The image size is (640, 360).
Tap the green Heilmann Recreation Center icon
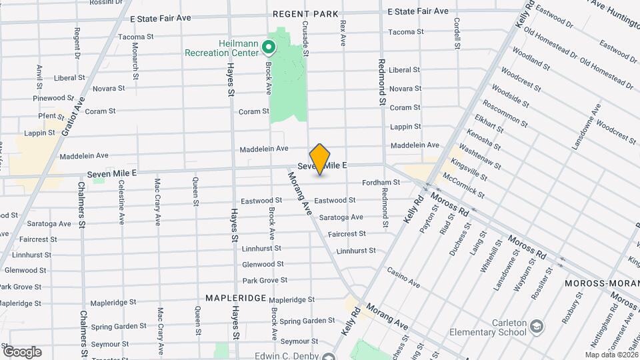(x=269, y=47)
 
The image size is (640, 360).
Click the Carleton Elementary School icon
(x=537, y=327)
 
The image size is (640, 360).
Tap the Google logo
(x=22, y=351)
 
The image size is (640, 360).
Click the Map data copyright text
(x=611, y=355)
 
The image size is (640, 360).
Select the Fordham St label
(x=381, y=182)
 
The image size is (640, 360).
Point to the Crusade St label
(x=305, y=37)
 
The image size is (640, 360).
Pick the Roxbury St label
(x=567, y=308)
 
